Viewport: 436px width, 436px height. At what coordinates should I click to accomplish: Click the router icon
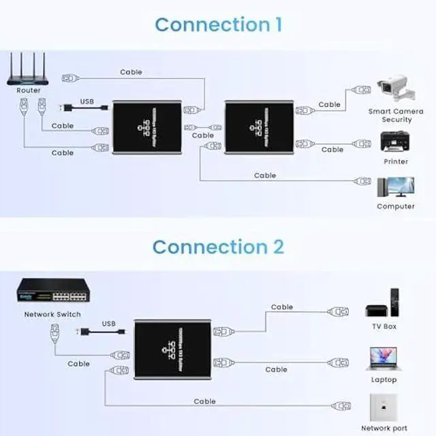pos(29,69)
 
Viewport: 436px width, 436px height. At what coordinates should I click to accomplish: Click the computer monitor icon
pos(395,187)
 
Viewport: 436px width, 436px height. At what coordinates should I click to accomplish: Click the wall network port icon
pos(384,407)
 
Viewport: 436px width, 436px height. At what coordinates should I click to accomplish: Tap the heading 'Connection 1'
pos(218,25)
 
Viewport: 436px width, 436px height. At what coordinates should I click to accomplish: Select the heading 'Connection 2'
pos(218,247)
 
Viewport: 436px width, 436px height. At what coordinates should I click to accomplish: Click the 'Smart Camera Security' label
pos(396,115)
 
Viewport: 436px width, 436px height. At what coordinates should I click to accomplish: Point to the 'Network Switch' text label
pos(52,314)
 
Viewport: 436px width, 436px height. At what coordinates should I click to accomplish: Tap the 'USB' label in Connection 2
pos(109,324)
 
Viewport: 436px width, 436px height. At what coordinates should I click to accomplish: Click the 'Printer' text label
pos(396,161)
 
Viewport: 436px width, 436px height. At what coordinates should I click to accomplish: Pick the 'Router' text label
pos(29,90)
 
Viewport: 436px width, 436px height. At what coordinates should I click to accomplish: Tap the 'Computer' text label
pos(396,206)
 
